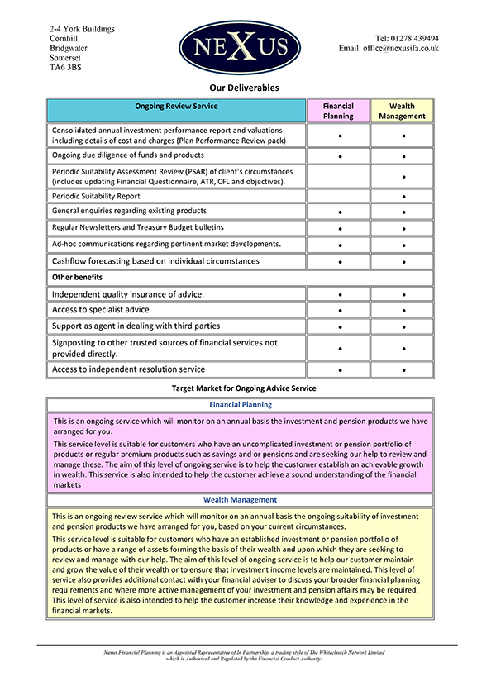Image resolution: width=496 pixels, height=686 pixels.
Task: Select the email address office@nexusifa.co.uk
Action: click(389, 49)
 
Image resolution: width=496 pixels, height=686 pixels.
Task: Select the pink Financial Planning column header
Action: click(338, 111)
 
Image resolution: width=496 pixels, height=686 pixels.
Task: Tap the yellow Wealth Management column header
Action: click(403, 111)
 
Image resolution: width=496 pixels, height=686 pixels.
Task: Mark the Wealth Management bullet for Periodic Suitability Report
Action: click(403, 197)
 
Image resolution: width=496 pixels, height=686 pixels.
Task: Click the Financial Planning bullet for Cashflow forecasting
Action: click(340, 262)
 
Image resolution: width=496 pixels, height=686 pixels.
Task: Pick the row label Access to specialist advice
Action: click(100, 310)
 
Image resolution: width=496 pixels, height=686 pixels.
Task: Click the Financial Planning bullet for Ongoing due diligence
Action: click(340, 156)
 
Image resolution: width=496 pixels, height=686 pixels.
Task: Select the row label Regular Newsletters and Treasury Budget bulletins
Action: click(137, 227)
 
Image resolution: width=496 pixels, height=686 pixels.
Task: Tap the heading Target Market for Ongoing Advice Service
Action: click(244, 388)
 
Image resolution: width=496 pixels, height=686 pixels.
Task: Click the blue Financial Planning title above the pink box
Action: click(241, 405)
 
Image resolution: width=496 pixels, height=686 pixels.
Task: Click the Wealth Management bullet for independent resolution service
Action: click(403, 370)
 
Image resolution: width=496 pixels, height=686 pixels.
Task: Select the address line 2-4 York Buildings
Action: click(82, 29)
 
